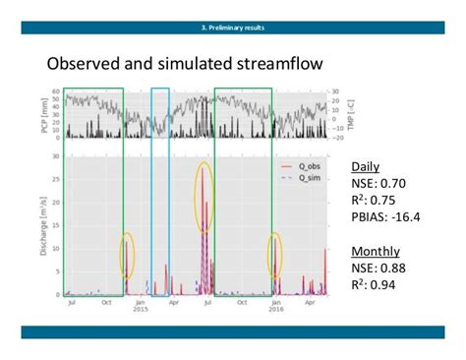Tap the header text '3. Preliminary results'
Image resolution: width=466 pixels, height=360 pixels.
coord(233,27)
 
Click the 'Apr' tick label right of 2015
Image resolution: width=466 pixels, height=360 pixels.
coord(173,302)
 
